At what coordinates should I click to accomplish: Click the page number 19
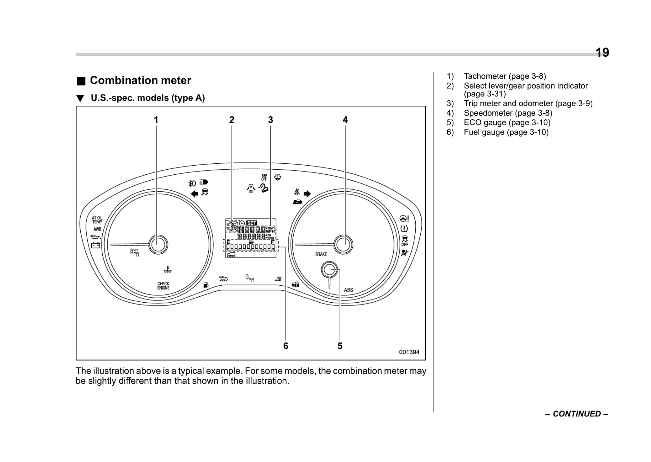(602, 52)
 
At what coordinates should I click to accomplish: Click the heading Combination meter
(140, 80)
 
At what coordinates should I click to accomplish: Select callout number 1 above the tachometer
(156, 120)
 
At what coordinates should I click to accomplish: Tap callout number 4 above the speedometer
(345, 120)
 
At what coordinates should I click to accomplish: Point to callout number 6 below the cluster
(286, 346)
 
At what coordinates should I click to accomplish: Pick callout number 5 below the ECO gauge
(340, 346)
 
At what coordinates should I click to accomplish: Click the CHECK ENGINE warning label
(163, 286)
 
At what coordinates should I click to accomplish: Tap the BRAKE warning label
(321, 254)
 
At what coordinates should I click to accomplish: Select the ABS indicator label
(348, 290)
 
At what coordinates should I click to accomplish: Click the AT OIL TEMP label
(97, 220)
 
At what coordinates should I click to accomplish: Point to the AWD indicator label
(97, 229)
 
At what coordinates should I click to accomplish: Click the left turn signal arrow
(194, 193)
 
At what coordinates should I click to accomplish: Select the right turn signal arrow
(307, 193)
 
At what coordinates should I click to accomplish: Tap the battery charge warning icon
(96, 246)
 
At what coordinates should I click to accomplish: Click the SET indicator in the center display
(252, 223)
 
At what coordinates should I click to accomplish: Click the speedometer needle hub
(343, 244)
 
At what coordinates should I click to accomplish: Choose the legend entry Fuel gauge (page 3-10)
(506, 132)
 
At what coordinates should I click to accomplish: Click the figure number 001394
(409, 352)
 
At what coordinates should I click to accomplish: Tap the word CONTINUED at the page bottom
(577, 414)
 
